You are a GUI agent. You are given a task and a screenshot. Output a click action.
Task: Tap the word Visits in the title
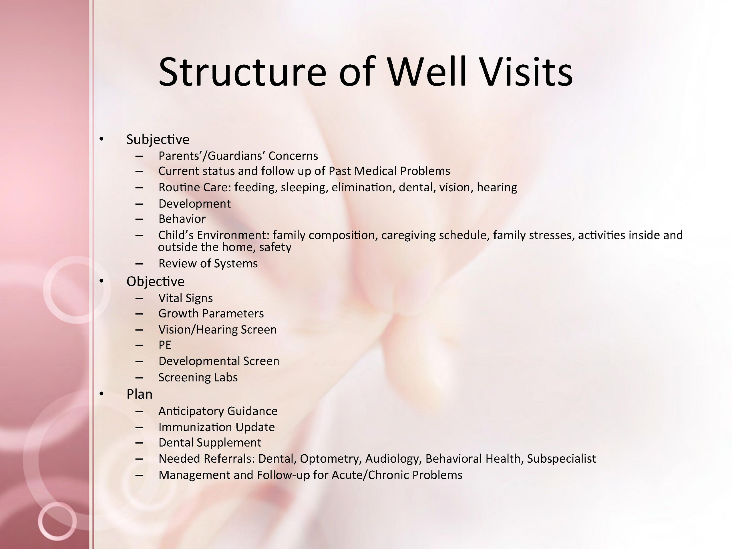pyautogui.click(x=527, y=72)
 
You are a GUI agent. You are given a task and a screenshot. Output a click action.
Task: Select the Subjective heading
pyautogui.click(x=158, y=140)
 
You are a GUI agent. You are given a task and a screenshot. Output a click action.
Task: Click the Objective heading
pyautogui.click(x=156, y=282)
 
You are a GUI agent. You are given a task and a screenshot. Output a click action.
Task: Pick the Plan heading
pyautogui.click(x=139, y=394)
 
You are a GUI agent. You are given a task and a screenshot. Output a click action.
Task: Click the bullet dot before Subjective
pyautogui.click(x=101, y=139)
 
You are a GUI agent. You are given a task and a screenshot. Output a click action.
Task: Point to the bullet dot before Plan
pyautogui.click(x=101, y=393)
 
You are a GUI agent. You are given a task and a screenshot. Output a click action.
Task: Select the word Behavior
pyautogui.click(x=182, y=219)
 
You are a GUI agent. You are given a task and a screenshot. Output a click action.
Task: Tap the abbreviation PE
pyautogui.click(x=165, y=345)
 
